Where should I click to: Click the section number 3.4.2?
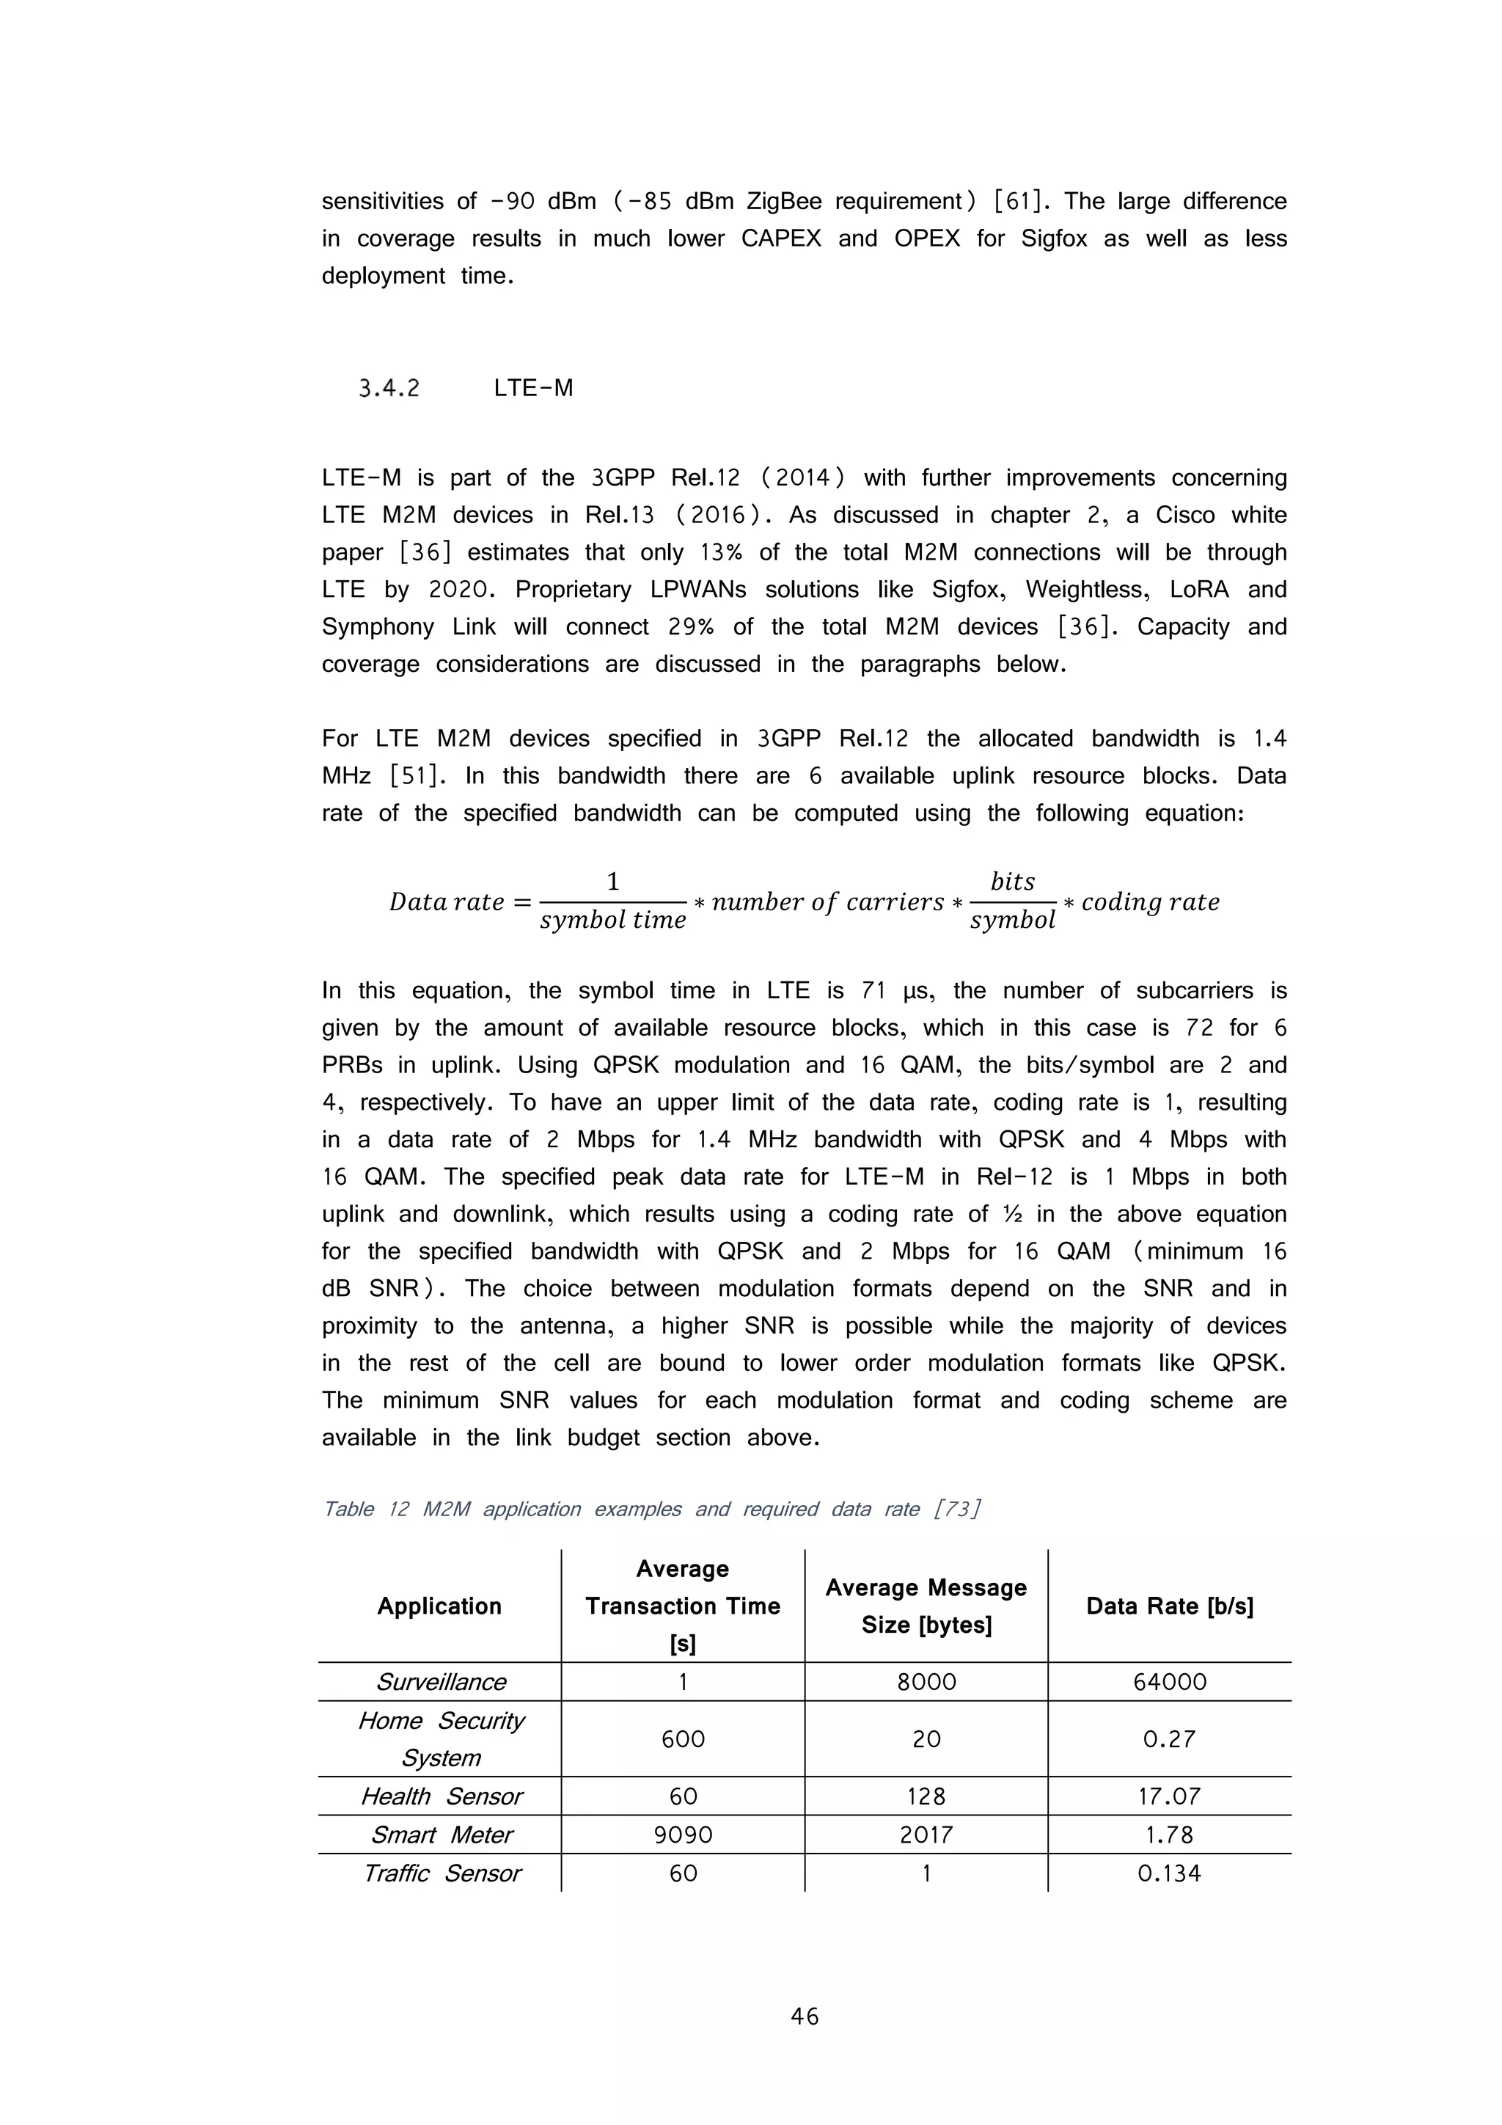(x=389, y=389)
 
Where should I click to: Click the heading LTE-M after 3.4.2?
(x=533, y=389)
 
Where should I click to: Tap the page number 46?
(x=805, y=2016)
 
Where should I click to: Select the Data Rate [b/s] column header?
(x=1169, y=1606)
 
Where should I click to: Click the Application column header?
(x=439, y=1606)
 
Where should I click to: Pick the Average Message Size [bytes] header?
(x=926, y=1606)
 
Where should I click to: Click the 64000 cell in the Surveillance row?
(x=1169, y=1682)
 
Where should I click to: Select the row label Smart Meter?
(x=441, y=1835)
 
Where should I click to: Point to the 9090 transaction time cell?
(x=682, y=1835)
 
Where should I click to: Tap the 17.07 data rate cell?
(x=1169, y=1796)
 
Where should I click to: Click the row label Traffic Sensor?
(x=441, y=1873)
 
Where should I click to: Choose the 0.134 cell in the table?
(x=1169, y=1873)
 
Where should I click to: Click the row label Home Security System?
(x=441, y=1739)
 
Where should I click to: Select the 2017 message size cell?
(x=926, y=1835)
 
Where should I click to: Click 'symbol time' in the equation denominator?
(x=612, y=920)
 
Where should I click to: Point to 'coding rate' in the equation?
(x=1149, y=901)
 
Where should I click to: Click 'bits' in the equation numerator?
(x=1011, y=881)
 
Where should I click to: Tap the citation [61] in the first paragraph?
(x=1020, y=202)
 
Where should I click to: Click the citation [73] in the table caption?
(x=957, y=1510)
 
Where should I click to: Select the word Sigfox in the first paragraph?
(x=1053, y=239)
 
